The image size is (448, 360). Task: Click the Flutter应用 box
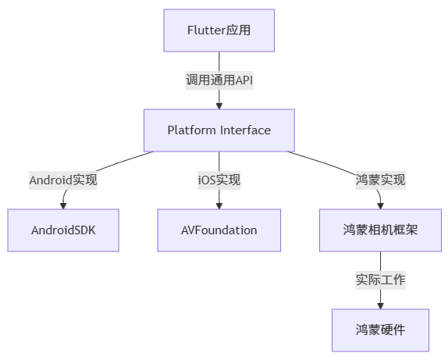pyautogui.click(x=219, y=30)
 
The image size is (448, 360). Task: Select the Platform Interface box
pyautogui.click(x=219, y=130)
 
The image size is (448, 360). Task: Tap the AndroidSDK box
pyautogui.click(x=63, y=230)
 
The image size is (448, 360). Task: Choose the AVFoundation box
pyautogui.click(x=219, y=230)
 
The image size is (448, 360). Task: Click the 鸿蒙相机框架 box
pyautogui.click(x=380, y=230)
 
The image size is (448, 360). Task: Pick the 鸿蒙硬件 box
pyautogui.click(x=380, y=329)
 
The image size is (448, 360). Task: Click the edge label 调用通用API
pyautogui.click(x=219, y=80)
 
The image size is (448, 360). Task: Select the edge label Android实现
pyautogui.click(x=63, y=180)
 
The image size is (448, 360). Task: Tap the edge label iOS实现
pyautogui.click(x=219, y=180)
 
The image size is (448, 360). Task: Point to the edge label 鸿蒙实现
pyautogui.click(x=380, y=180)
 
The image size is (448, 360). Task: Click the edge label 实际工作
pyautogui.click(x=380, y=279)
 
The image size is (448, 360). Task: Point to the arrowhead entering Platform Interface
pyautogui.click(x=219, y=105)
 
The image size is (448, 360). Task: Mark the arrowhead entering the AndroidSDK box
pyautogui.click(x=63, y=205)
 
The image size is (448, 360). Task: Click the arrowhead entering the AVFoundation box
pyautogui.click(x=219, y=205)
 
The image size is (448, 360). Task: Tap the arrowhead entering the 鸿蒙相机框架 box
pyautogui.click(x=380, y=205)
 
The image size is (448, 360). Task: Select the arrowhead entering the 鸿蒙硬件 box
pyautogui.click(x=380, y=304)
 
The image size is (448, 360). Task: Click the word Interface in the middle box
pyautogui.click(x=245, y=130)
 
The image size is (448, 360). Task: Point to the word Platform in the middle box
pyautogui.click(x=191, y=130)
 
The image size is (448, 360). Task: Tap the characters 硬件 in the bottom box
pyautogui.click(x=393, y=329)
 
